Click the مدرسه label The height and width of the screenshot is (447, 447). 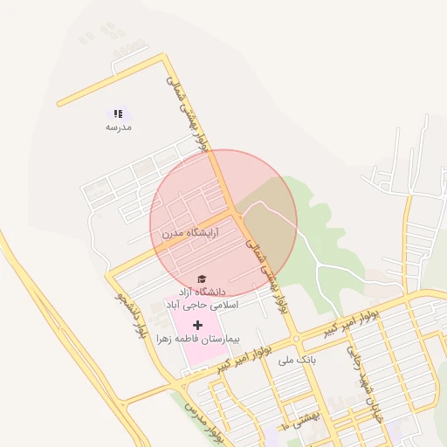[118, 127]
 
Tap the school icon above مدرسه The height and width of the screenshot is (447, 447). [118, 113]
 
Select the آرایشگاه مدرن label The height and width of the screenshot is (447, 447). [189, 233]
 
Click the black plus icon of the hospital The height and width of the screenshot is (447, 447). [197, 324]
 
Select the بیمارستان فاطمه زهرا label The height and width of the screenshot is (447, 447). [197, 337]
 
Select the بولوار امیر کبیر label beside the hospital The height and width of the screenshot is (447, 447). [248, 352]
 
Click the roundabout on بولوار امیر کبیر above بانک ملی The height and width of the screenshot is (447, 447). [297, 338]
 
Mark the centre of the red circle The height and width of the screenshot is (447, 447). [223, 223]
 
